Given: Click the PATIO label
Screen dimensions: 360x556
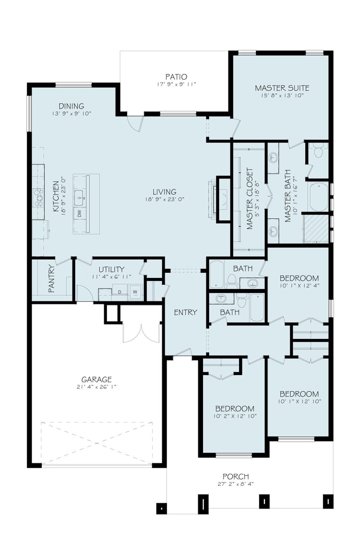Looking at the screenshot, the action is pyautogui.click(x=176, y=77).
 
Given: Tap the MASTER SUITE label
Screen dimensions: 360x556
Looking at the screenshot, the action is pyautogui.click(x=282, y=88).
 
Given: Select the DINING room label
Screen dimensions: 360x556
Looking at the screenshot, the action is pyautogui.click(x=71, y=106).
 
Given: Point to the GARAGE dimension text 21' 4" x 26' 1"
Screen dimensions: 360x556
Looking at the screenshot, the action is pyautogui.click(x=96, y=387).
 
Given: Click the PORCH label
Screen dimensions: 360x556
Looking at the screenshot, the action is pyautogui.click(x=236, y=477).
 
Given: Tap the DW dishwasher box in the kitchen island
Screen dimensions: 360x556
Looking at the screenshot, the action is pyautogui.click(x=79, y=214).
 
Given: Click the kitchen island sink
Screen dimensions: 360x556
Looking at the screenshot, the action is pyautogui.click(x=79, y=197).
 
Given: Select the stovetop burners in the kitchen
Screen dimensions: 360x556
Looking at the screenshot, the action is pyautogui.click(x=38, y=197).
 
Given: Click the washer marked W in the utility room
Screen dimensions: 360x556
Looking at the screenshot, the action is pyautogui.click(x=135, y=292).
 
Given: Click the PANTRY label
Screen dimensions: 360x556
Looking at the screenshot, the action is pyautogui.click(x=51, y=279).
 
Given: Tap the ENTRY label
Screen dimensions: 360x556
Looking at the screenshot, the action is pyautogui.click(x=185, y=313).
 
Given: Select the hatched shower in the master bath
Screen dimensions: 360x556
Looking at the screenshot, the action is pyautogui.click(x=316, y=229).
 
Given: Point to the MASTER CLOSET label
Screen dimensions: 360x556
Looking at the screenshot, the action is pyautogui.click(x=250, y=199).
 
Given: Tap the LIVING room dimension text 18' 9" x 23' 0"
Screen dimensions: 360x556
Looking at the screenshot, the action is pyautogui.click(x=165, y=200).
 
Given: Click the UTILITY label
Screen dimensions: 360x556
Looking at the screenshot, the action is pyautogui.click(x=111, y=269).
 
